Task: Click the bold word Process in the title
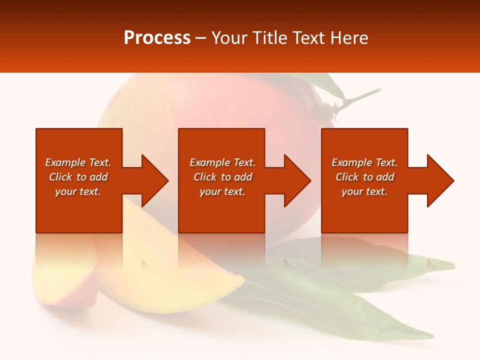click(157, 38)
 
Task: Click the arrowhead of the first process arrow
click(155, 180)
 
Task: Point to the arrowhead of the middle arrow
click(297, 180)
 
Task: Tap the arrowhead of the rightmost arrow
click(440, 180)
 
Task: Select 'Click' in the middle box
click(205, 177)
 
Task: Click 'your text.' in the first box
click(78, 191)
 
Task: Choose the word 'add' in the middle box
click(243, 177)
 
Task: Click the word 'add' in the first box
click(98, 177)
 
